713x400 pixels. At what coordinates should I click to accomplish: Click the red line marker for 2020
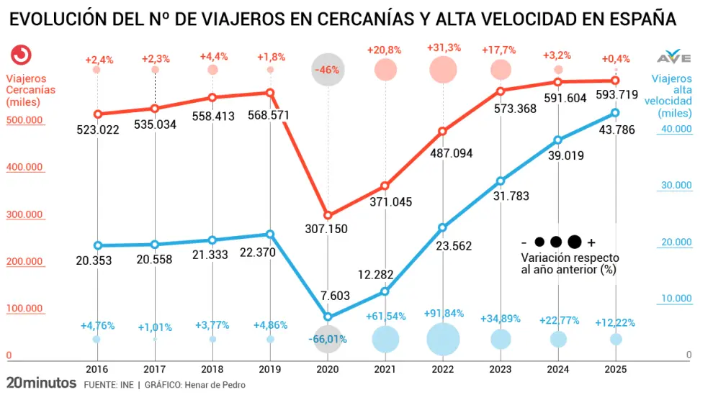[328, 215]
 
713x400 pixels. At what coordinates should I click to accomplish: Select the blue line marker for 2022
[443, 227]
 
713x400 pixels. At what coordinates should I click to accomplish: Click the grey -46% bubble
[328, 70]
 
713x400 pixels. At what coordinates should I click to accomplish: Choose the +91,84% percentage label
[444, 314]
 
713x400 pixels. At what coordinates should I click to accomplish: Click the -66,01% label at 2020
[328, 339]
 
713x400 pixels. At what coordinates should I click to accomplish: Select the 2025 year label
[616, 369]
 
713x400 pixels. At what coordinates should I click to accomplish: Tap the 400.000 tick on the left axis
[25, 168]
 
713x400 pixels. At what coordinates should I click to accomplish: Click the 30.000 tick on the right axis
[676, 186]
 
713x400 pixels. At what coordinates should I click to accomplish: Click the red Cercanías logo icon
[22, 55]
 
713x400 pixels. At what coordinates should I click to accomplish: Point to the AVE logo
[674, 57]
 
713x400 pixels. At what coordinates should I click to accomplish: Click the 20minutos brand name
[41, 383]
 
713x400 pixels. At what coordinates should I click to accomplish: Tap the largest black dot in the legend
[574, 242]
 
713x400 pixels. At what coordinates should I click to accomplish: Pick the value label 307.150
[328, 229]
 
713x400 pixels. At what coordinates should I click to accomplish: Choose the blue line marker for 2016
[97, 245]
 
